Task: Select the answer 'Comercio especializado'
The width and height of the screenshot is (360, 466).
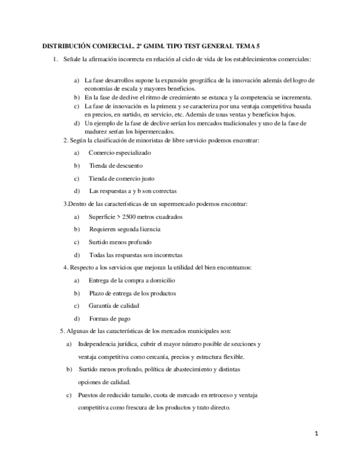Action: click(x=119, y=153)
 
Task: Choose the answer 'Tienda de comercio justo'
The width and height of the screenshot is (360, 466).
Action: click(x=121, y=178)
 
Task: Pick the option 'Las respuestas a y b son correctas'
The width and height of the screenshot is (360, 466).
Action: click(x=133, y=191)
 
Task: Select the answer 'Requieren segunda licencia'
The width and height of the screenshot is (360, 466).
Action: click(x=125, y=229)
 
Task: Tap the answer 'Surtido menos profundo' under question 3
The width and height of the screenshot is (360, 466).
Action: click(x=120, y=242)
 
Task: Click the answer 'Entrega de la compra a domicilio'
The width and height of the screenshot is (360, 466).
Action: click(x=131, y=280)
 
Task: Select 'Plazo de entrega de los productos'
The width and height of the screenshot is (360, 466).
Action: click(x=132, y=293)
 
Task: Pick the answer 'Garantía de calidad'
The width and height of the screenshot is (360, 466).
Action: click(x=114, y=306)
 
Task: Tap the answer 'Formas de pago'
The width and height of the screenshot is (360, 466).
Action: click(x=109, y=318)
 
